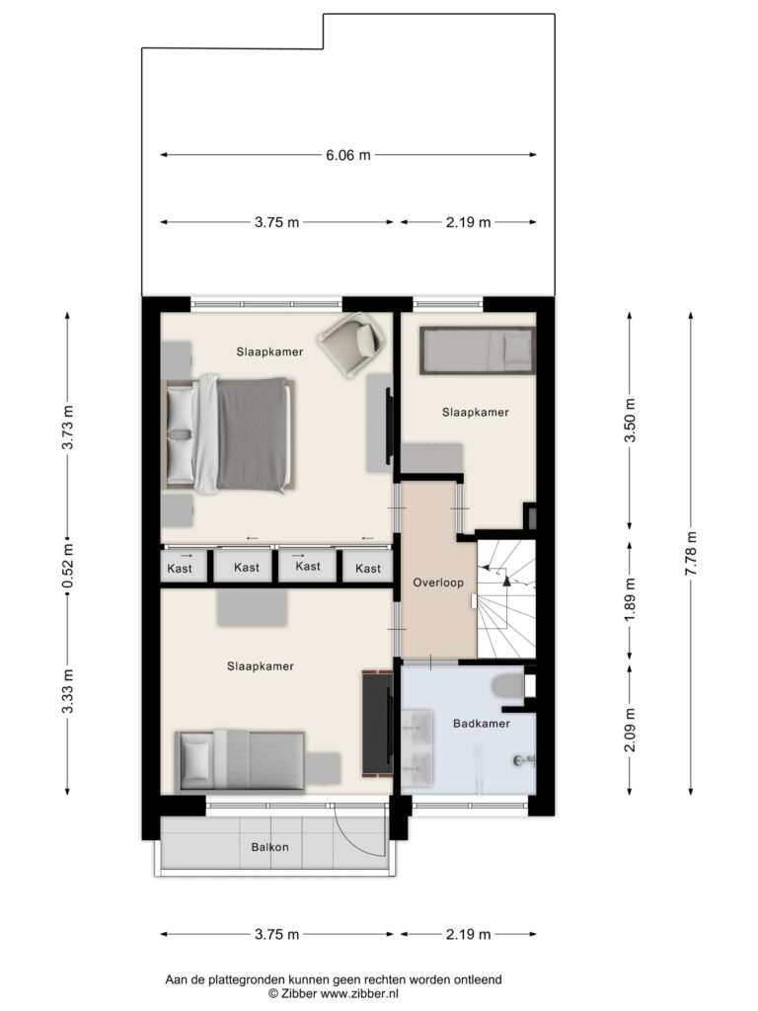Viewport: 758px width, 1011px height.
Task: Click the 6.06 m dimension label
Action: pos(348,155)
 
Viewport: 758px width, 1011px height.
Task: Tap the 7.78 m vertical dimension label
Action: pos(690,554)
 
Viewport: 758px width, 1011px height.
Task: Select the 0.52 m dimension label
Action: pos(68,566)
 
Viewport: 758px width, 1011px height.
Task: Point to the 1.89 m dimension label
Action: pos(631,599)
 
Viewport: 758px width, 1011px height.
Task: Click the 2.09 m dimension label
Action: pos(631,730)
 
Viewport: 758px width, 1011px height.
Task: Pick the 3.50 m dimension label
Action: pos(631,420)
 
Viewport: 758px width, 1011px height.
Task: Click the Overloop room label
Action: pos(438,583)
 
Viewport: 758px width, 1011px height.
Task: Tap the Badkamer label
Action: pos(482,724)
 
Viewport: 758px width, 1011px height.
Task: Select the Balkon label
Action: pos(270,847)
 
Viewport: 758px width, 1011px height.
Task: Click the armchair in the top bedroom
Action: pos(352,345)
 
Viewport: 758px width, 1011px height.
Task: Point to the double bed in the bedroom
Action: pos(228,434)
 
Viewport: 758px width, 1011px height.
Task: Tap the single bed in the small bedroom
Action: pos(478,350)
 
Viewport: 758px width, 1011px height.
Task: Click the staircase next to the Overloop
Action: pos(506,599)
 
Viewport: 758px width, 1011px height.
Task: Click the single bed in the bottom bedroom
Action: pos(240,761)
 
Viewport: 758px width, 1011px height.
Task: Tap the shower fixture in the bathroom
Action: pos(523,761)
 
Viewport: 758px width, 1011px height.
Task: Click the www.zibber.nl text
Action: pos(360,993)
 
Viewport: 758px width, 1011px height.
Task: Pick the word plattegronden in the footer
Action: pos(245,980)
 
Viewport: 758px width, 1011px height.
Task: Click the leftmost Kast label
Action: pos(180,568)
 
